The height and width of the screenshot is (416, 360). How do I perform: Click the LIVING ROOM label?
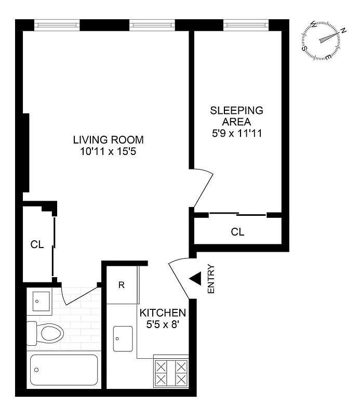click(108, 140)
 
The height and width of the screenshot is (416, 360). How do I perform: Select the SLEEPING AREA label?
click(236, 116)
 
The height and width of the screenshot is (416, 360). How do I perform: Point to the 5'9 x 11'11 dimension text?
click(236, 133)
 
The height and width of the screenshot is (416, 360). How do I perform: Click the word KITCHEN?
click(163, 313)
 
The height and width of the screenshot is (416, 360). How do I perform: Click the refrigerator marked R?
click(121, 285)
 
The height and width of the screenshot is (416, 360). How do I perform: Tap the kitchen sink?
click(123, 339)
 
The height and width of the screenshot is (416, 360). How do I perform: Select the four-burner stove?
click(171, 372)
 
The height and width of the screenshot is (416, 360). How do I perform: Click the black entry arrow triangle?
click(195, 279)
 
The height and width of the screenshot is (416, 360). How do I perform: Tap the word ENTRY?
click(211, 279)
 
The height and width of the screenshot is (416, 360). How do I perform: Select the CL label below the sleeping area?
click(237, 232)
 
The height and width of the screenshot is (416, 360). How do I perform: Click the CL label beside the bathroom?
click(37, 244)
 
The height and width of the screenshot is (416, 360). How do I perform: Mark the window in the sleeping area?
click(246, 24)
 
